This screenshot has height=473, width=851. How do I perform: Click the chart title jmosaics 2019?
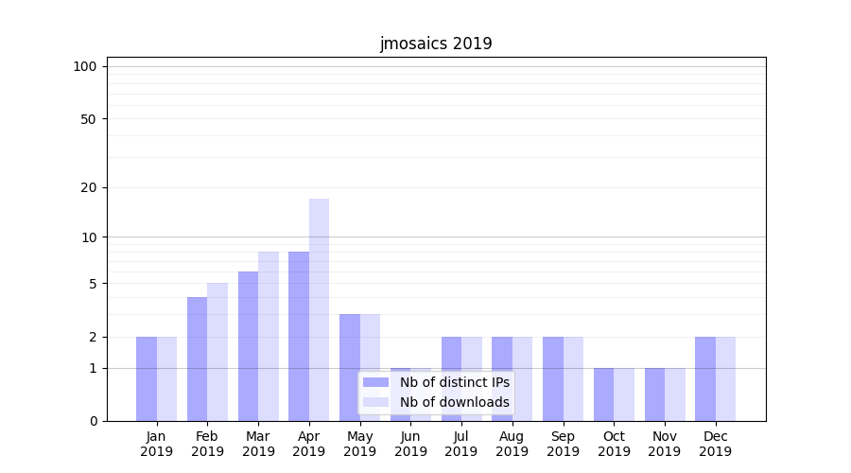tap(436, 44)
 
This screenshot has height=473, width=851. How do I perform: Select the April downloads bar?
tap(319, 309)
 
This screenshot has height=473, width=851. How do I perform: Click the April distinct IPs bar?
tap(299, 336)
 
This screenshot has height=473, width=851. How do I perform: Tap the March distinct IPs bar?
tap(248, 346)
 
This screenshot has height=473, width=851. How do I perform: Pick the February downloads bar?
tap(217, 352)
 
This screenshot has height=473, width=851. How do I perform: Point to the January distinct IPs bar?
tap(147, 378)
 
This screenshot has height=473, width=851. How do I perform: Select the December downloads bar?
tap(725, 378)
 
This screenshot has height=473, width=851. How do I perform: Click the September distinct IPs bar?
tap(553, 378)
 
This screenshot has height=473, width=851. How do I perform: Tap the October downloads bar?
tap(624, 394)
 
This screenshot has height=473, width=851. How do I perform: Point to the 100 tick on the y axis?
tap(85, 66)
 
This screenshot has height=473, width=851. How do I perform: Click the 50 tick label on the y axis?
tap(88, 119)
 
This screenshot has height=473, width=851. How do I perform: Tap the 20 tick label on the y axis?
tap(88, 187)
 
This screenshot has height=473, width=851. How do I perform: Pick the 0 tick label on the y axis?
tap(93, 421)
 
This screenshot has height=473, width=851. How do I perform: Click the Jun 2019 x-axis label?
tap(410, 444)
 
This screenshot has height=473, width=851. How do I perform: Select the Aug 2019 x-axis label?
tap(512, 444)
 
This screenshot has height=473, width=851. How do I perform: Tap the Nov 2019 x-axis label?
tap(664, 444)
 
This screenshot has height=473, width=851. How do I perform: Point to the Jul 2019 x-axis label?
tap(461, 444)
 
